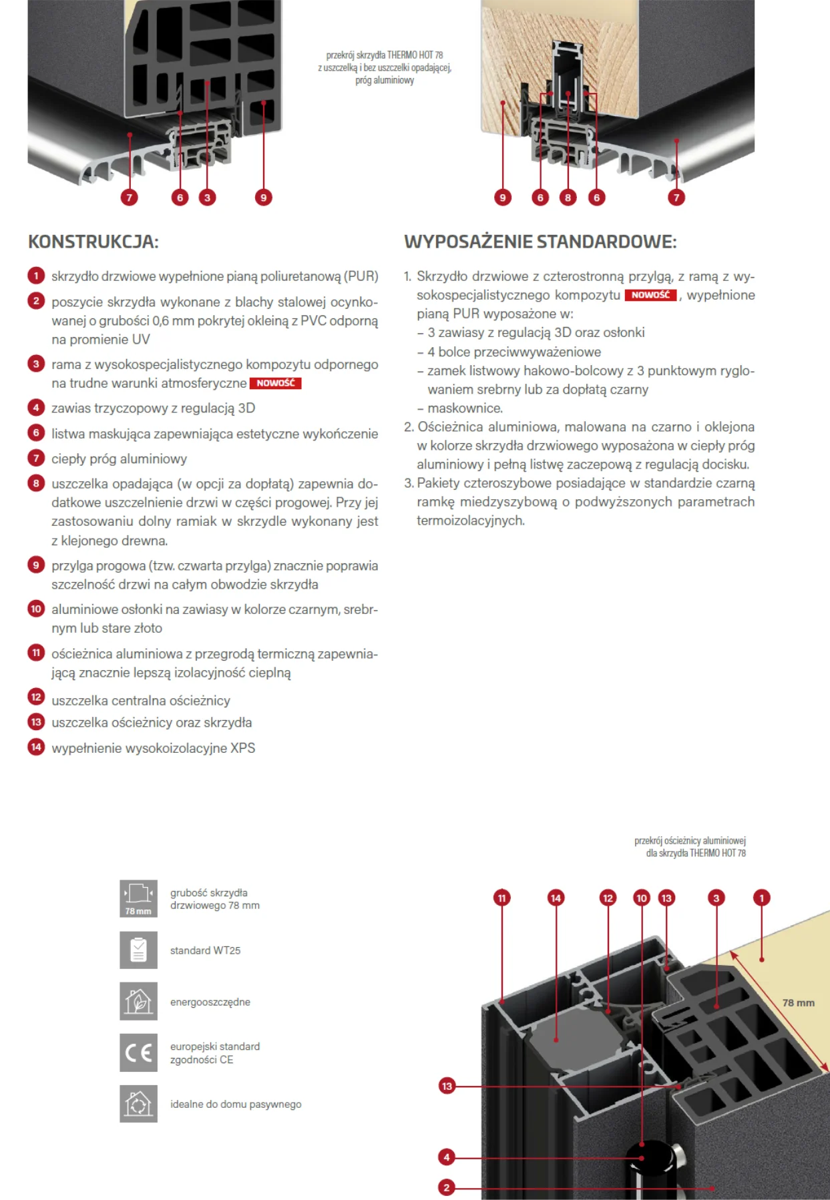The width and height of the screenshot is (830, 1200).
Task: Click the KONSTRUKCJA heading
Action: click(x=93, y=242)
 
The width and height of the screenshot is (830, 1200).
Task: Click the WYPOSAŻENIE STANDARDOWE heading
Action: click(x=540, y=242)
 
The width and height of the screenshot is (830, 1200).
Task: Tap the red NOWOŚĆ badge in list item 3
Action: click(x=275, y=383)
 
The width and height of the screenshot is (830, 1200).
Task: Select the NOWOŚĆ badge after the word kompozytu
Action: click(x=650, y=295)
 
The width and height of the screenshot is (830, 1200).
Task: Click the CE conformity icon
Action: click(x=138, y=1053)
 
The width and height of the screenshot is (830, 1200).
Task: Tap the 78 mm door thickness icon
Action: click(x=138, y=898)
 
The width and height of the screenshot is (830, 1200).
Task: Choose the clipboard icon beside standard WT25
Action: click(x=138, y=950)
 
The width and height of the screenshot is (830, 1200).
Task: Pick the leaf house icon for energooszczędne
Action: click(x=138, y=1001)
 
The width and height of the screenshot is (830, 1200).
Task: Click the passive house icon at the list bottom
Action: click(x=138, y=1104)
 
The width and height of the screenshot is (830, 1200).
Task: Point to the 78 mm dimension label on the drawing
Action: click(x=798, y=1002)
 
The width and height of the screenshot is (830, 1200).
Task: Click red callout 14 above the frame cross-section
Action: click(x=556, y=898)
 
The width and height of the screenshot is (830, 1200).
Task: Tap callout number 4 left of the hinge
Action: click(x=447, y=1157)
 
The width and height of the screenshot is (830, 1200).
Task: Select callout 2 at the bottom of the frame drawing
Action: click(x=447, y=1187)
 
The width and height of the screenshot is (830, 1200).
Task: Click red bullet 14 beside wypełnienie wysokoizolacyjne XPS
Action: click(x=36, y=747)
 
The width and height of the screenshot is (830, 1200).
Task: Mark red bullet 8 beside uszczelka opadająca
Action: click(x=36, y=483)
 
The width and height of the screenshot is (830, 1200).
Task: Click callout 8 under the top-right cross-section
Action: click(x=568, y=198)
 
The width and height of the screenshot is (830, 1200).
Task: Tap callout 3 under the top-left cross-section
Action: click(x=207, y=198)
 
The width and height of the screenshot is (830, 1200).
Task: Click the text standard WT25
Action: click(x=205, y=950)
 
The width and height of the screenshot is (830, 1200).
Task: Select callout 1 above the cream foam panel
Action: click(x=761, y=898)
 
